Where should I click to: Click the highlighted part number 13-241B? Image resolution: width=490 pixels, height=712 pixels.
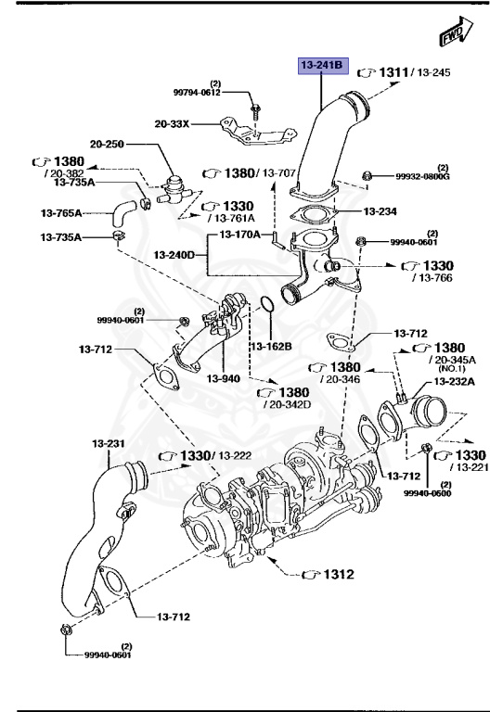tap(321, 66)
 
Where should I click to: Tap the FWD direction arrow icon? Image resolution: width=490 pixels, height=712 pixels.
tap(452, 35)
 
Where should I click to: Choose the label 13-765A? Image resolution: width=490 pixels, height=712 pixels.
tap(62, 212)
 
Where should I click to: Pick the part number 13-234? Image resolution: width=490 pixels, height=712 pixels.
tap(380, 211)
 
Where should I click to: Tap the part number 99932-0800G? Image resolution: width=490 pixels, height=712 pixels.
tap(422, 176)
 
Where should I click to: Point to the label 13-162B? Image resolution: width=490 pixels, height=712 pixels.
tap(270, 346)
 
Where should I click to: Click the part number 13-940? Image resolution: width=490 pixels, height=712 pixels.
tap(224, 379)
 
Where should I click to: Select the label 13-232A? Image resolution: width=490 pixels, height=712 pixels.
tap(453, 381)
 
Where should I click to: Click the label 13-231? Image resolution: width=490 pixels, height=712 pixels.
tap(109, 444)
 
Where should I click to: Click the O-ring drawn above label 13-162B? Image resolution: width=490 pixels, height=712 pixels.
tap(264, 307)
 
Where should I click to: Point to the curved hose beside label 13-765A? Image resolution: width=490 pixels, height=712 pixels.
tap(120, 215)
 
